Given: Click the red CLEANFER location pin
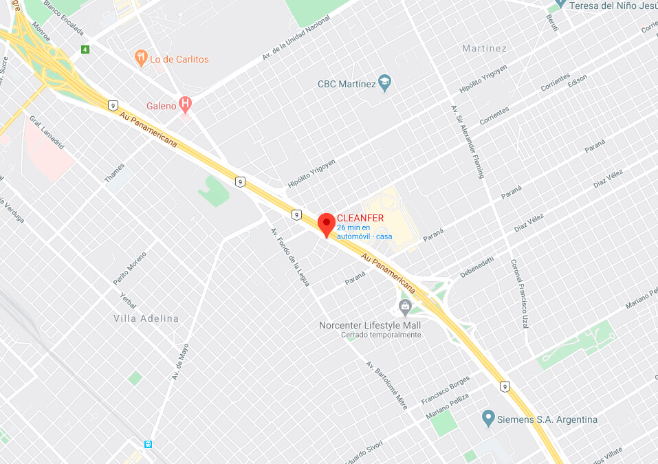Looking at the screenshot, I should (x=327, y=224).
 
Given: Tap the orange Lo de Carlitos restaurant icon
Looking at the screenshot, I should (x=142, y=58).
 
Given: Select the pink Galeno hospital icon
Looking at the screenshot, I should (x=185, y=104).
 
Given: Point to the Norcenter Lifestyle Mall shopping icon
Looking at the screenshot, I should (x=405, y=306).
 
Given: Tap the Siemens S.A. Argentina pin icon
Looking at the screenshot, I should (x=488, y=418).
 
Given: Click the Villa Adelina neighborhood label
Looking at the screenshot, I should (x=146, y=318).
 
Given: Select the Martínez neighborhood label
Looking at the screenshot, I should (x=485, y=48).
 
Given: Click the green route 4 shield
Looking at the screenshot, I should (x=85, y=49).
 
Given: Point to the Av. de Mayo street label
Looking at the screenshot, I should (x=180, y=362).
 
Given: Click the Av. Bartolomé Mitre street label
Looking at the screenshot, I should (x=386, y=385).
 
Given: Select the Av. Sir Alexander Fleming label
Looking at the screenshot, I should (x=468, y=141).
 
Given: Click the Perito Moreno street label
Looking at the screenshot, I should (x=130, y=268).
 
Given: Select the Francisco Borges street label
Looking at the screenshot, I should (x=446, y=390).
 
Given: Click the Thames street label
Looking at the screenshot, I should (x=115, y=173).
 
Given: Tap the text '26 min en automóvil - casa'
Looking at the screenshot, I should (x=364, y=232).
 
